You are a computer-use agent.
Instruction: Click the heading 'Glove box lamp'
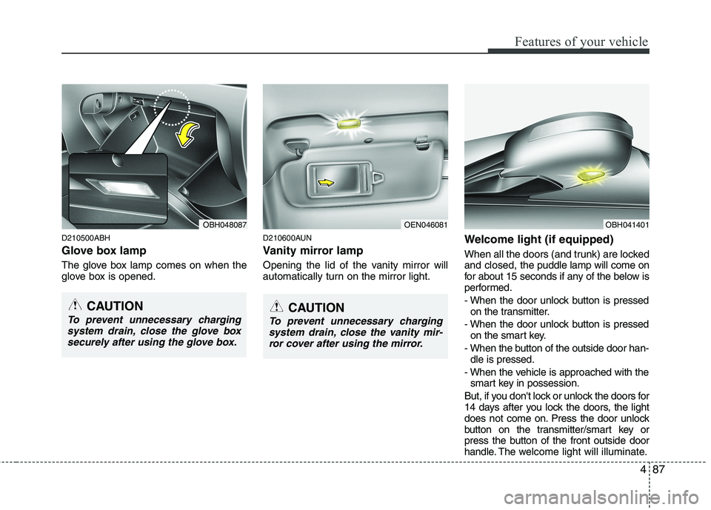[109, 250]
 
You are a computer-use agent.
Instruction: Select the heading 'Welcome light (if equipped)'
[538, 239]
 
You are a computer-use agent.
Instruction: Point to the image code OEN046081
[425, 224]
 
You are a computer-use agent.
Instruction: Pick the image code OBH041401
[626, 224]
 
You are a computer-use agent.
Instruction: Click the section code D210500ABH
[86, 238]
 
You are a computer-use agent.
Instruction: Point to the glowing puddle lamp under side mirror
[590, 174]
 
